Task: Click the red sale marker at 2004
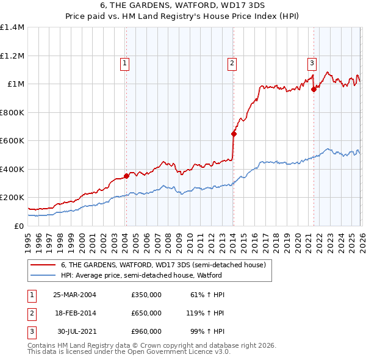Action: (126, 176)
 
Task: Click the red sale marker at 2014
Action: (234, 134)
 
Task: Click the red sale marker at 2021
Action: (314, 89)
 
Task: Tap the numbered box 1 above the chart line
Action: (124, 62)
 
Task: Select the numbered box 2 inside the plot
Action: (232, 62)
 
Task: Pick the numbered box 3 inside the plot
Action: (312, 62)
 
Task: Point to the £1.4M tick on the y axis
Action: (12, 27)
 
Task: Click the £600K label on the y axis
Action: (12, 141)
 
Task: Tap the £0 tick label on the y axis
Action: (18, 226)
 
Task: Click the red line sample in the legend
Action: (44, 265)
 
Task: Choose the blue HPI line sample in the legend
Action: (44, 275)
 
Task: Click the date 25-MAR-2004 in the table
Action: (74, 295)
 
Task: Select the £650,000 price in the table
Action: (146, 313)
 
